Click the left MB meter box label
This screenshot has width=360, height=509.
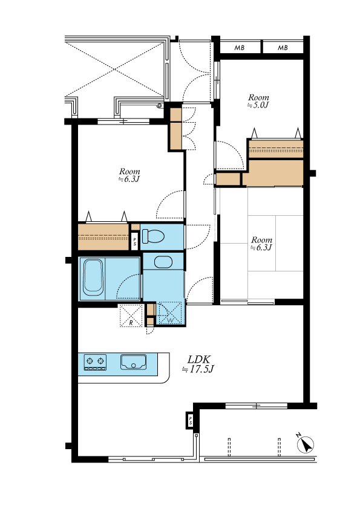pos(240,48)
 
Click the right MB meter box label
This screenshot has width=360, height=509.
pos(283,48)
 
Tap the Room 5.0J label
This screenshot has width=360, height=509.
pos(258,101)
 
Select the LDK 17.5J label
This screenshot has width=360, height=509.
pos(198,365)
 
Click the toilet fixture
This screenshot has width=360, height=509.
pos(153,236)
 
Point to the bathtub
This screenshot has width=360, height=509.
pos(93,277)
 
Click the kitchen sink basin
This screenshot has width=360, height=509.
pos(134,362)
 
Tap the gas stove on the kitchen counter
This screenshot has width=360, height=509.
pos(95,362)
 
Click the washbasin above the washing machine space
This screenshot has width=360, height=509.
pos(163,262)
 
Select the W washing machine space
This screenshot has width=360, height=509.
pos(170,313)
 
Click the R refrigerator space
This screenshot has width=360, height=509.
pos(131,316)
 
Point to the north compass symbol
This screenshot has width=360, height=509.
pos(306,444)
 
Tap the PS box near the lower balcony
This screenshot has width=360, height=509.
pos(191,420)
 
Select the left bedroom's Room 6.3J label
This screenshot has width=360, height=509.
pos(129,175)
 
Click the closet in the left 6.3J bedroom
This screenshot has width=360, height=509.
pos(103,236)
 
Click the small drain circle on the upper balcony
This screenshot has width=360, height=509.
pos(159,106)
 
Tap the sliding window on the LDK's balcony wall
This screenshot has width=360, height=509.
pos(257,406)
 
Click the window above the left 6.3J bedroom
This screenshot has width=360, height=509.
pos(123,122)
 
